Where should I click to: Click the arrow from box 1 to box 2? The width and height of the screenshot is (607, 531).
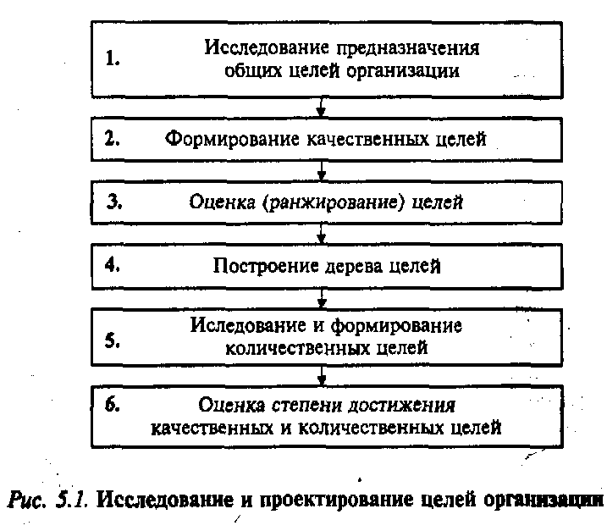click(321, 107)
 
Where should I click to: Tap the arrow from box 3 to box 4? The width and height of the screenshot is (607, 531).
click(321, 233)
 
